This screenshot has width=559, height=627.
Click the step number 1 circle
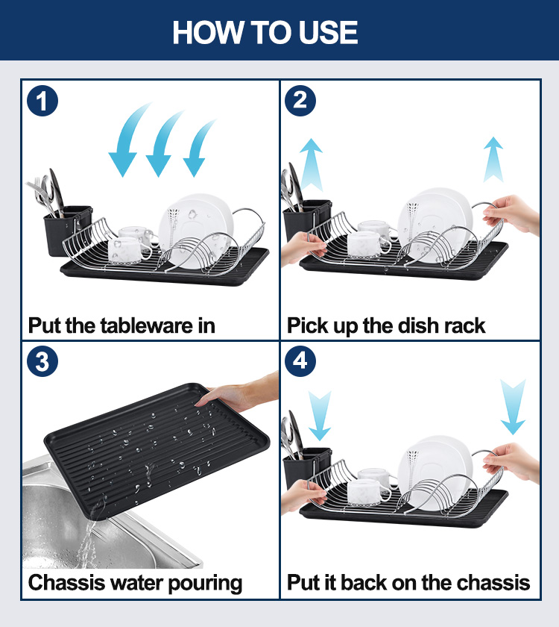pos(42,101)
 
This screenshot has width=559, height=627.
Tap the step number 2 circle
pos(300,101)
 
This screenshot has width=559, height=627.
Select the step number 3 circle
pos(42,361)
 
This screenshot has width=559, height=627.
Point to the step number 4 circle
pos(300,361)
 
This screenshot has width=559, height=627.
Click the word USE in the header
pos(328,32)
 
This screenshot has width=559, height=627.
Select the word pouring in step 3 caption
pos(205,584)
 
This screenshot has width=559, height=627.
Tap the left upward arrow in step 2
pos(311,164)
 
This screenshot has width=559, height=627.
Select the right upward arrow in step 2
pos(493,159)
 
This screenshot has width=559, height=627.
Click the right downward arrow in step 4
pos(513,407)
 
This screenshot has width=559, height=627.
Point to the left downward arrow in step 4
pos(320,416)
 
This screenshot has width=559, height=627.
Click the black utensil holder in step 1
pos(66,231)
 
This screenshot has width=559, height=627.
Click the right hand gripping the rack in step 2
pos(512,214)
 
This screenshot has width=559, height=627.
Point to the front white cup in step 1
pos(128,250)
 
